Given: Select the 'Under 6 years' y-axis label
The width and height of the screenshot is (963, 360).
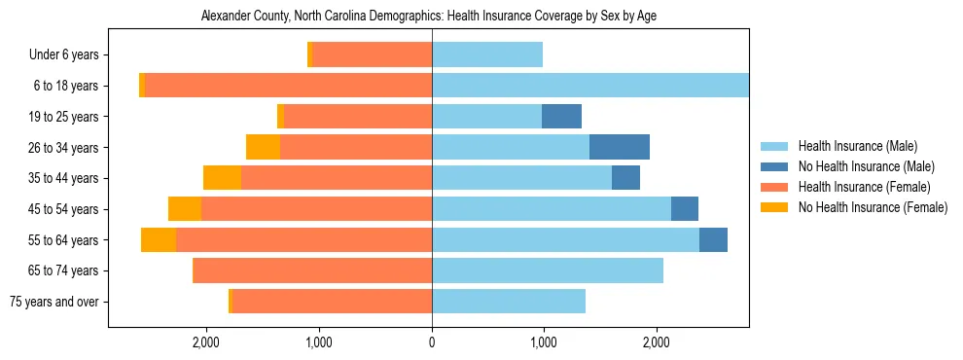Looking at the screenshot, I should (63, 55).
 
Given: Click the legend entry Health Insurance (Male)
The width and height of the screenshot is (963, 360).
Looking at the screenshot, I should (857, 147).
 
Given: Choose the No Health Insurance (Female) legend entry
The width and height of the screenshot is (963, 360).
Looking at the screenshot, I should (873, 207).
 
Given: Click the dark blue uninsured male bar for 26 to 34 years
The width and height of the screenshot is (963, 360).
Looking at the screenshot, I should (620, 147).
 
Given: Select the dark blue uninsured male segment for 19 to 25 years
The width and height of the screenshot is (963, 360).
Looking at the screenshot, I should (561, 117).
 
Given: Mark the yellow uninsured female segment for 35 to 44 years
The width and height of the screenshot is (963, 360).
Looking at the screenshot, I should (222, 178).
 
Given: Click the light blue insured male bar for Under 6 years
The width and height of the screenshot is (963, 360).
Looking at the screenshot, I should (487, 55).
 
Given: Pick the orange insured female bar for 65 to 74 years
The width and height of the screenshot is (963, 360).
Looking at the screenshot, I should (313, 270).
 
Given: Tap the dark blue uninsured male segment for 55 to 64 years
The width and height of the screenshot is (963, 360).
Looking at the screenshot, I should (713, 239).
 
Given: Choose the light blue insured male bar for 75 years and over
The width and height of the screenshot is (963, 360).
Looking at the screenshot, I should (509, 302).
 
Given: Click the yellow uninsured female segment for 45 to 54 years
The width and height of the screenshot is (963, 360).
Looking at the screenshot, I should (185, 209).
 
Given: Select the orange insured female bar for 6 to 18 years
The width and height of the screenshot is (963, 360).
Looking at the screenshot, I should (288, 86).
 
